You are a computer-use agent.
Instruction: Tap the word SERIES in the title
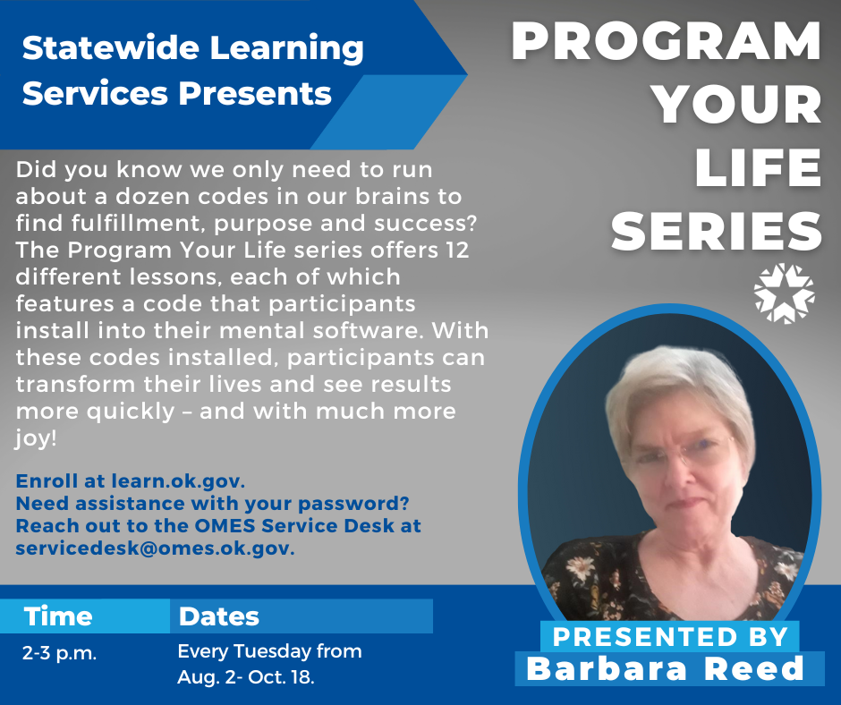717,232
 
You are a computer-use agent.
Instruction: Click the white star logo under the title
784,293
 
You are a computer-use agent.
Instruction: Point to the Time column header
58,616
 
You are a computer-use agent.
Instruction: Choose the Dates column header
219,616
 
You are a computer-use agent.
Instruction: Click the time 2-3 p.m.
60,652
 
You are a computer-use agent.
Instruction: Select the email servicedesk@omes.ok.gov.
155,548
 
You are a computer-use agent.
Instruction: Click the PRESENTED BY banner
670,636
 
